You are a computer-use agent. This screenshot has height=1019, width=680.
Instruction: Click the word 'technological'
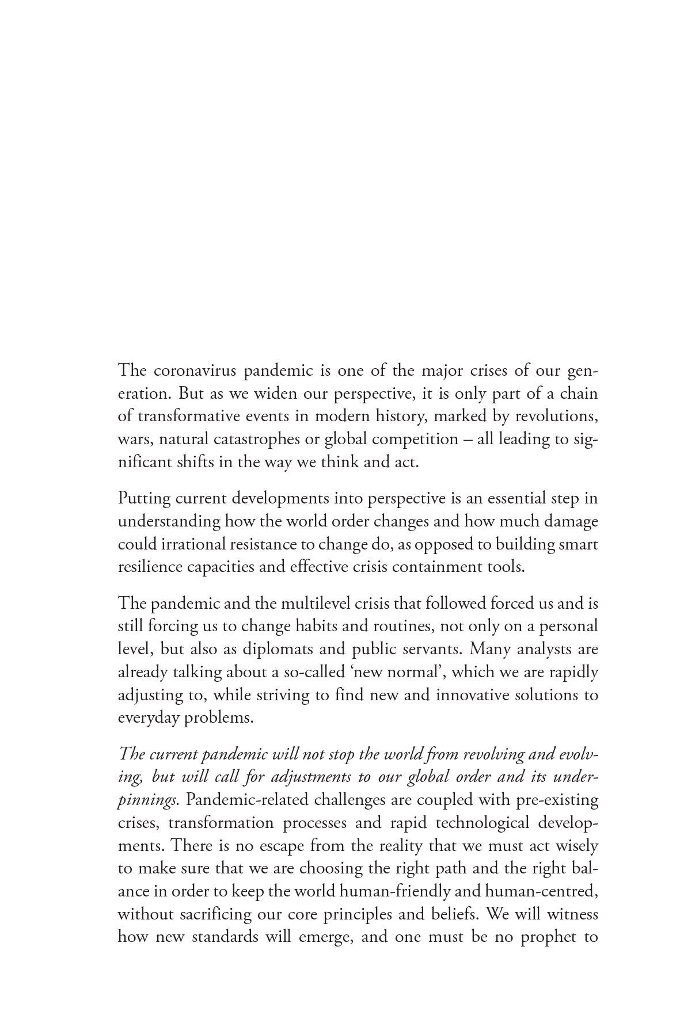click(x=482, y=823)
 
